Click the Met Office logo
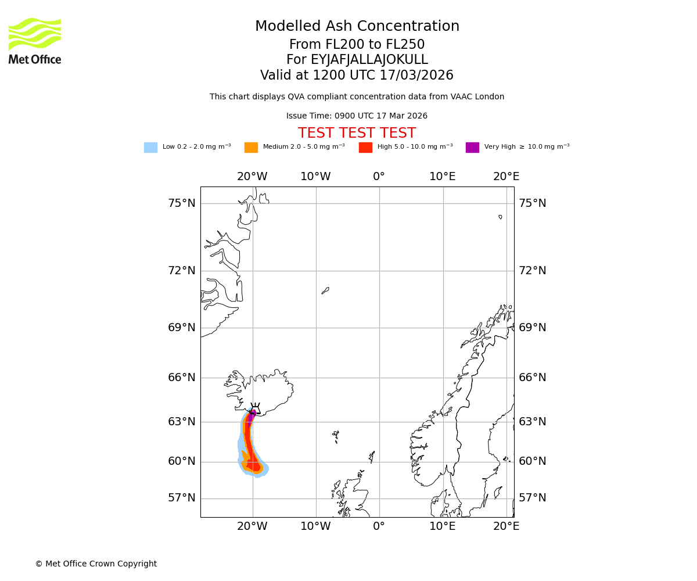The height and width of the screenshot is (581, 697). [x=35, y=41]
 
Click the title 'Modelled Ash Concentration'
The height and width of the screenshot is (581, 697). [x=357, y=27]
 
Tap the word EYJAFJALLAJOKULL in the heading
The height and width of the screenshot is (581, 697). [x=369, y=60]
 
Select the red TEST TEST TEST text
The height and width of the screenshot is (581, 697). [x=357, y=133]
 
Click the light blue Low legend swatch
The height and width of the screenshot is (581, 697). [x=150, y=148]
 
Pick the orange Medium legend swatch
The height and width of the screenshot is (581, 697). [x=251, y=148]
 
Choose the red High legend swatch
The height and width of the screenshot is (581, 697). [x=365, y=148]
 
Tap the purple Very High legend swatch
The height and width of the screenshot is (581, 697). [x=472, y=148]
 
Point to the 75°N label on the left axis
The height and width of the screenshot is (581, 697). [x=182, y=203]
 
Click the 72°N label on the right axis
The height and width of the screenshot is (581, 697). [x=533, y=271]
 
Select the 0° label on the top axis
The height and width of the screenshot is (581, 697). [x=379, y=177]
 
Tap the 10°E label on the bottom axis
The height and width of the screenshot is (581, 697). [x=443, y=526]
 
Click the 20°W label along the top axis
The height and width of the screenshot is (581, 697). [x=252, y=177]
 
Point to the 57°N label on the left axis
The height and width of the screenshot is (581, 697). [x=182, y=498]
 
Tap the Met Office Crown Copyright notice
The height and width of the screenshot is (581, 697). [x=96, y=564]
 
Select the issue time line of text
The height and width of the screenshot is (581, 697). [x=357, y=116]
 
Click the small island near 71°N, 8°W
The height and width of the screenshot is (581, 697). [x=325, y=290]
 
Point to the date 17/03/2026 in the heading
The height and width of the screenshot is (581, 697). [x=416, y=76]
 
